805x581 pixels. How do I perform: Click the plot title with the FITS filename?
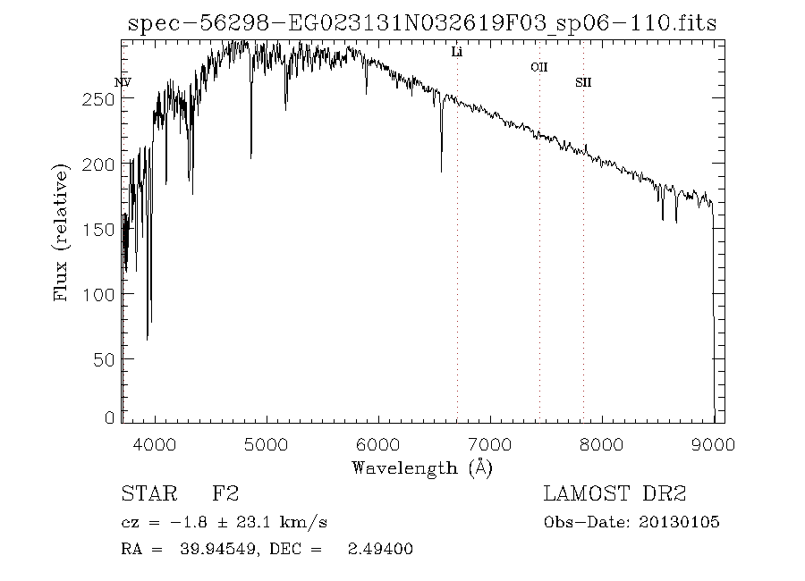[422, 24]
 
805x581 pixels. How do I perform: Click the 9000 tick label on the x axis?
[713, 443]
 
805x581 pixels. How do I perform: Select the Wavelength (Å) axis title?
[422, 467]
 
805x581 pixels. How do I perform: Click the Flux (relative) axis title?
[62, 232]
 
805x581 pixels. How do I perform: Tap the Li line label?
[456, 53]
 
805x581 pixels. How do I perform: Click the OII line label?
[538, 67]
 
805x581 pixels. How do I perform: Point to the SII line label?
[583, 83]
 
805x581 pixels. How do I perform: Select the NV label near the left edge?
[123, 83]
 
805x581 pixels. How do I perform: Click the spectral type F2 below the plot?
[225, 493]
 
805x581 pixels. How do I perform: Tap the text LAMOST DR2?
[614, 493]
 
